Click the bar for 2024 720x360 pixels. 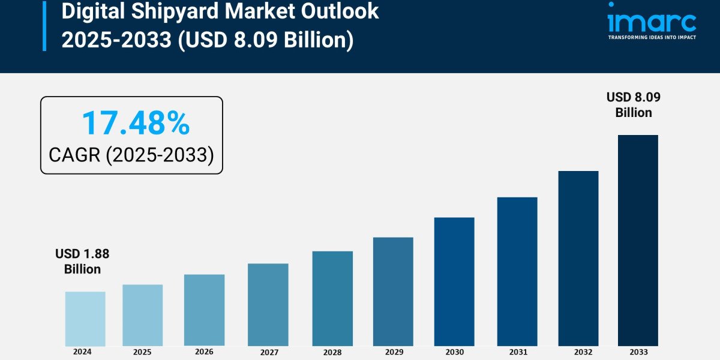[x=85, y=319]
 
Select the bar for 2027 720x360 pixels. [x=268, y=305]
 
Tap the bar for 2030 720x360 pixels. [x=454, y=281]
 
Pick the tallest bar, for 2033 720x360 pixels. [x=638, y=240]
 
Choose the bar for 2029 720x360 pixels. [x=393, y=292]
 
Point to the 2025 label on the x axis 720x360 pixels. [x=142, y=352]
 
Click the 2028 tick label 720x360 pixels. [x=332, y=352]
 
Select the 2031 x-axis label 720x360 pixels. [x=517, y=352]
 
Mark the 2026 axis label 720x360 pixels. [x=204, y=352]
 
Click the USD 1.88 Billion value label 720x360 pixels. [x=82, y=262]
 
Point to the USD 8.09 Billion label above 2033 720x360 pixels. [x=634, y=105]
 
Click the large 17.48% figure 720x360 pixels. [x=136, y=123]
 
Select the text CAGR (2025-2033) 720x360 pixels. [x=131, y=155]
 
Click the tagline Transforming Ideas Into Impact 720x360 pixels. [x=652, y=37]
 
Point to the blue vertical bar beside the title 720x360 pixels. [x=44, y=25]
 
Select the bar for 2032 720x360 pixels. [x=578, y=258]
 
